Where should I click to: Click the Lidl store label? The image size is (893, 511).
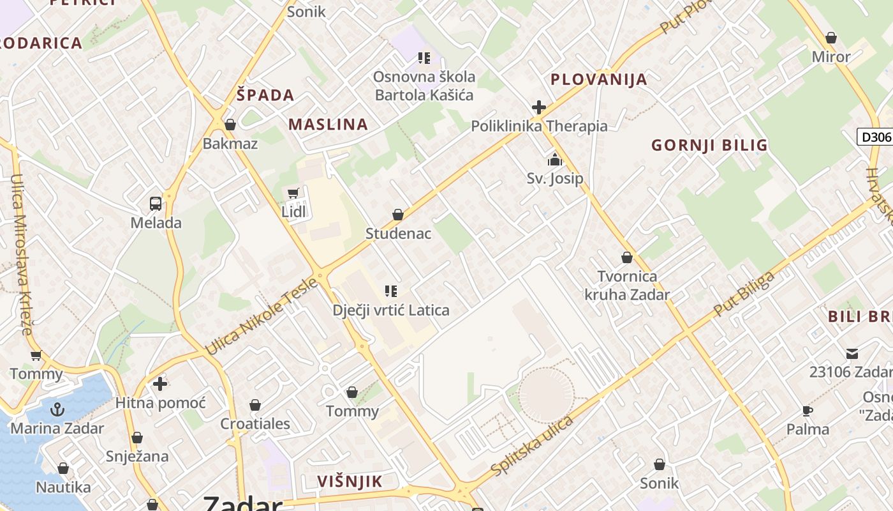tap(293, 212)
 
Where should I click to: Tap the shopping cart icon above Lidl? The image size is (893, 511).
tap(293, 193)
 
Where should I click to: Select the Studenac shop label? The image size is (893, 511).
tap(398, 234)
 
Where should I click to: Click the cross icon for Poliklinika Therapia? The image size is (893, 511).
tap(539, 107)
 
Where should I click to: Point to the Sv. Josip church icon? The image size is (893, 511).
tap(555, 160)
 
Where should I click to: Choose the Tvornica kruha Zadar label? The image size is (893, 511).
tap(627, 286)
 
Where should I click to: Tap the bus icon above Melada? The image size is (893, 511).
tap(156, 204)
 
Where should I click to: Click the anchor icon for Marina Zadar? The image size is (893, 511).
tap(57, 409)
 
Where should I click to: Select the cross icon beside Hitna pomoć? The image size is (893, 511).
tap(159, 384)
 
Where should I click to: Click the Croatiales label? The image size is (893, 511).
tap(255, 423)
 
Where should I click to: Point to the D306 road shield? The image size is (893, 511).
tap(875, 137)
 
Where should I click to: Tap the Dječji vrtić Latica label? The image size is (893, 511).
tap(391, 310)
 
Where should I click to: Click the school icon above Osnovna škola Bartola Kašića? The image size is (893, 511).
tap(424, 58)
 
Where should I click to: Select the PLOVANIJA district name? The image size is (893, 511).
tap(598, 80)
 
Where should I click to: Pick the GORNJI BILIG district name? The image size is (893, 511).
tap(709, 146)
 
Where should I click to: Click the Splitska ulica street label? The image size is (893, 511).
tap(533, 446)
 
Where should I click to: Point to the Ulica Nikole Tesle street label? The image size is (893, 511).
tap(261, 317)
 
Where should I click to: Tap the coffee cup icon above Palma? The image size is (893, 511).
tap(808, 411)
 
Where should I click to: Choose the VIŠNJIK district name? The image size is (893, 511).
tap(350, 482)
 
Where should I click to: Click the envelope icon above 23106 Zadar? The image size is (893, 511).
tap(852, 353)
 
